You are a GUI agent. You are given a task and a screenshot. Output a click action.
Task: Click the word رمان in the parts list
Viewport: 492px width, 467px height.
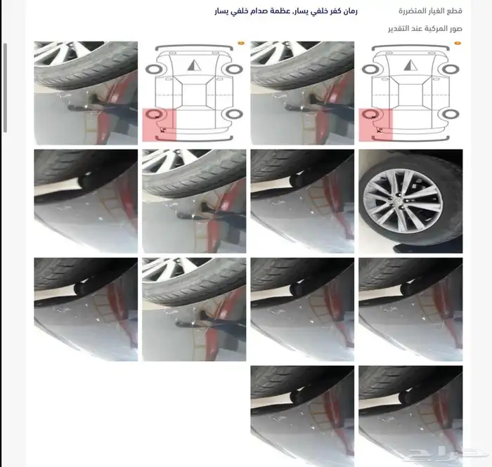click(x=349, y=11)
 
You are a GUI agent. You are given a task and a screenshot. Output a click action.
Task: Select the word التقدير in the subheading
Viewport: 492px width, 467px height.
click(x=399, y=29)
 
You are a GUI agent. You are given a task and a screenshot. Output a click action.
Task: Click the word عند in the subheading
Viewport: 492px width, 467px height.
click(x=417, y=29)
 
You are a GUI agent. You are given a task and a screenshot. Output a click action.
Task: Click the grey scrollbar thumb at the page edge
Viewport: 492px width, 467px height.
click(x=5, y=88)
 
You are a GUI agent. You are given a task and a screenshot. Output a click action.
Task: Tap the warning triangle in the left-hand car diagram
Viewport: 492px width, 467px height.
click(x=194, y=65)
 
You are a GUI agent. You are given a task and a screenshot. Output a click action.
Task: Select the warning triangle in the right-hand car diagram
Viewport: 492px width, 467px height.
click(x=410, y=65)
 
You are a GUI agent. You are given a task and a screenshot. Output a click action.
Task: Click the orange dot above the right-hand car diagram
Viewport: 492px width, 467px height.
click(x=458, y=44)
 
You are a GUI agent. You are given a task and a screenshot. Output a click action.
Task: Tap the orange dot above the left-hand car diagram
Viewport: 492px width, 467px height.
click(x=241, y=44)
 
